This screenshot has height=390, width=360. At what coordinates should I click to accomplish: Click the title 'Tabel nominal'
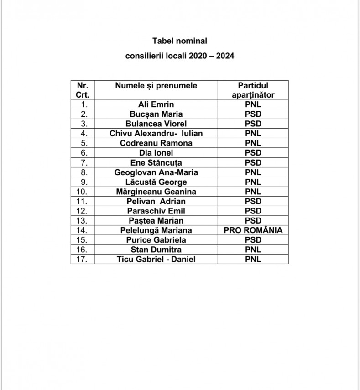[x=180, y=41]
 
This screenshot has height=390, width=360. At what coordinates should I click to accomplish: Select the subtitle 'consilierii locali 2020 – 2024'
[x=180, y=57]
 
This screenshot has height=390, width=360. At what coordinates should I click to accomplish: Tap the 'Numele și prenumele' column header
[x=156, y=86]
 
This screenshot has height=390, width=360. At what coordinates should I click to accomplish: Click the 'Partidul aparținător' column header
[x=253, y=90]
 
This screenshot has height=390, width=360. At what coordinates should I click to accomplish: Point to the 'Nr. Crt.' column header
[x=83, y=90]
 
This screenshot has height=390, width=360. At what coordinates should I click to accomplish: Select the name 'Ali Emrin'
[x=156, y=104]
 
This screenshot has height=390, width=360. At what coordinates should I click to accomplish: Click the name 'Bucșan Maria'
[x=156, y=114]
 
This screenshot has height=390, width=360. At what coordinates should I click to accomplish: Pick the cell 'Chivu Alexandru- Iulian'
[x=156, y=133]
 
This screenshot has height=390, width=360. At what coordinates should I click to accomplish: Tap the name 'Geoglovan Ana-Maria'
[x=156, y=172]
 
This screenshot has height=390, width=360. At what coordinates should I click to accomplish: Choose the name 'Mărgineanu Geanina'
[x=156, y=192]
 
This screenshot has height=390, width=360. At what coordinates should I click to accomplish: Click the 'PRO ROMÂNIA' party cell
[x=253, y=230]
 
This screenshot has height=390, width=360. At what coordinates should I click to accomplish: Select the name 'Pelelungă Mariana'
[x=156, y=230]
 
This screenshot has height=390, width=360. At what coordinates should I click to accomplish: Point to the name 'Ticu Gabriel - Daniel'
[x=156, y=259]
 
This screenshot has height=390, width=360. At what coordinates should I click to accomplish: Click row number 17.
[x=83, y=259]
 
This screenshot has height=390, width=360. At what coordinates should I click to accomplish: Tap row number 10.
[x=83, y=192]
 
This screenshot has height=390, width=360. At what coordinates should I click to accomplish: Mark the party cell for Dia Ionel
[x=253, y=153]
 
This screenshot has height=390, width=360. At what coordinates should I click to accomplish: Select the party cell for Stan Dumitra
[x=253, y=250]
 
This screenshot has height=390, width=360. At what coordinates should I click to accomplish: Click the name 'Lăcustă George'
[x=156, y=182]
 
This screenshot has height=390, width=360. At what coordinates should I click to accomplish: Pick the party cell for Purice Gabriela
[x=253, y=240]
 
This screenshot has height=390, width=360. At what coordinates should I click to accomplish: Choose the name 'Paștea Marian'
[x=156, y=221]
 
